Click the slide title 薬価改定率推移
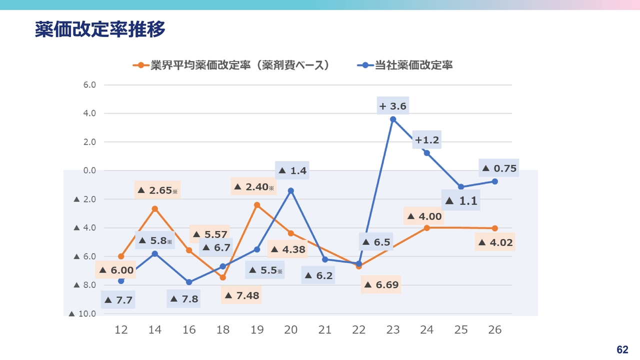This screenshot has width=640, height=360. pyautogui.click(x=100, y=29)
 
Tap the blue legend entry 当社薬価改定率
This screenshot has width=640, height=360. pyautogui.click(x=405, y=65)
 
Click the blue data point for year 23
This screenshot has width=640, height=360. pyautogui.click(x=393, y=119)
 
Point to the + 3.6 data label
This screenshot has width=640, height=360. pyautogui.click(x=393, y=106)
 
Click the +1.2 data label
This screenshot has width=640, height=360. pyautogui.click(x=426, y=140)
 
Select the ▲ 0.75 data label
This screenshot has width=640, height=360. pyautogui.click(x=498, y=168)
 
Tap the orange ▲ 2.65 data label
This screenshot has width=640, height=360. pyautogui.click(x=157, y=190)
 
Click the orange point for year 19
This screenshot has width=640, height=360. pyautogui.click(x=257, y=205)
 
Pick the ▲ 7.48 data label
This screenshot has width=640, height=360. pyautogui.click(x=241, y=295)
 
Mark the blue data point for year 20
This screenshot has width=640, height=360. pyautogui.click(x=291, y=190)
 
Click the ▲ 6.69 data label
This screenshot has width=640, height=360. pyautogui.click(x=380, y=284)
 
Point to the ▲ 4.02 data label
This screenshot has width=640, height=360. pyautogui.click(x=495, y=243)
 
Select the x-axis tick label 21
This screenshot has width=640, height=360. pyautogui.click(x=325, y=330)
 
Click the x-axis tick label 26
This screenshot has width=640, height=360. pyautogui.click(x=494, y=330)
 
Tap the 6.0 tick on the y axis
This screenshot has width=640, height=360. pyautogui.click(x=89, y=85)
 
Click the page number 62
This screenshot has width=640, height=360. pyautogui.click(x=622, y=349)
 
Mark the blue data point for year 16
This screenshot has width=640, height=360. pyautogui.click(x=189, y=282)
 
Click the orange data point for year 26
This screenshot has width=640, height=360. pyautogui.click(x=494, y=228)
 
